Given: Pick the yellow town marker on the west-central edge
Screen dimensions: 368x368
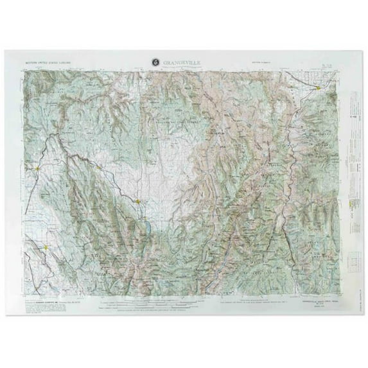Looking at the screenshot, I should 39,169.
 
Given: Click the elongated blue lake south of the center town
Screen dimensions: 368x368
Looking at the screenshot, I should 146,227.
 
